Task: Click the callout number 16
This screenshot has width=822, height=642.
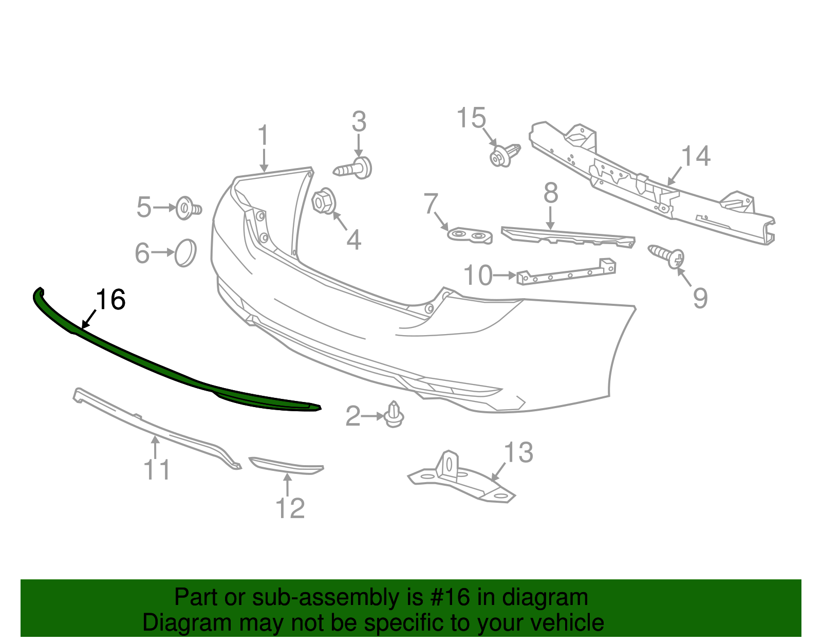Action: (111, 300)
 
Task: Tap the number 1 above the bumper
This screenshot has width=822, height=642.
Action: (263, 136)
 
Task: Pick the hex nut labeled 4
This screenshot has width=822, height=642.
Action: (323, 201)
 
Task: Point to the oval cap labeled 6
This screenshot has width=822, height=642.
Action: (185, 252)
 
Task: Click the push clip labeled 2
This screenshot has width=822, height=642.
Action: (394, 415)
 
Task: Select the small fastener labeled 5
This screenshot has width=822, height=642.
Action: (187, 208)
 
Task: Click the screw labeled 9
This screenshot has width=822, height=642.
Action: (668, 255)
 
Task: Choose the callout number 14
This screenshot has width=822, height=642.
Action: (696, 156)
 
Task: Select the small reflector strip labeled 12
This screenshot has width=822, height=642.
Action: (287, 466)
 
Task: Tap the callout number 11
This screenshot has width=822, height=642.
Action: (157, 469)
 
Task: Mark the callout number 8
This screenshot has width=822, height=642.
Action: (551, 193)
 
